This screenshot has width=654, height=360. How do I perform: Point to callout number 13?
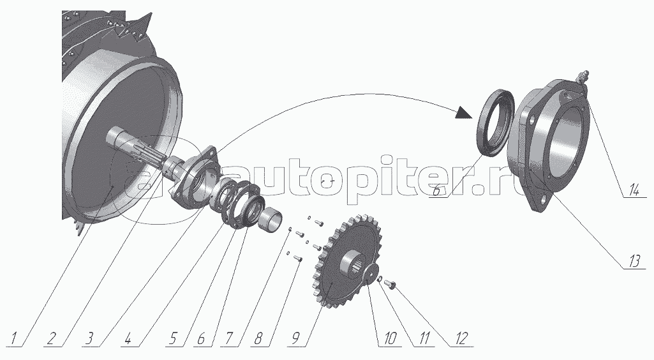pos(634,262)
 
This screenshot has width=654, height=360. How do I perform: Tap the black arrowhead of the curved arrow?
pos(464,113)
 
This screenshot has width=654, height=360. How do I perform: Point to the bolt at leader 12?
pos(390,285)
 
